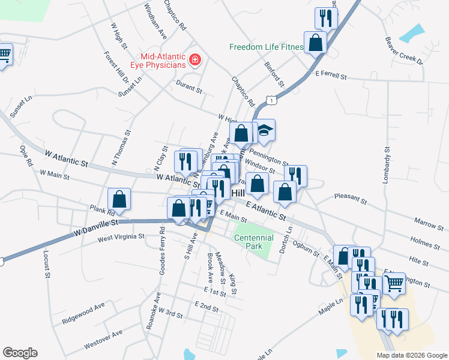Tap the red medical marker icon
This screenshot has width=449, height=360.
pyautogui.click(x=194, y=59)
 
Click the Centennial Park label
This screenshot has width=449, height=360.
pyautogui.click(x=254, y=242)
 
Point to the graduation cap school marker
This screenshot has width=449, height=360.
pyautogui.click(x=264, y=130)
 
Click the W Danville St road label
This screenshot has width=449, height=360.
pyautogui.click(x=96, y=227)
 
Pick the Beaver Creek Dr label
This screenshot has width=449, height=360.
pyautogui.click(x=405, y=51)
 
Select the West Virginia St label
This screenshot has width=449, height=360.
pyautogui.click(x=121, y=237)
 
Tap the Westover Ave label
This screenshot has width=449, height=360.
pyautogui.click(x=103, y=339)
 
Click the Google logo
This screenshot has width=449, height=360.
pyautogui.click(x=20, y=353)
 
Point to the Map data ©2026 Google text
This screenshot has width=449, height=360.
pyautogui.click(x=412, y=355)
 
